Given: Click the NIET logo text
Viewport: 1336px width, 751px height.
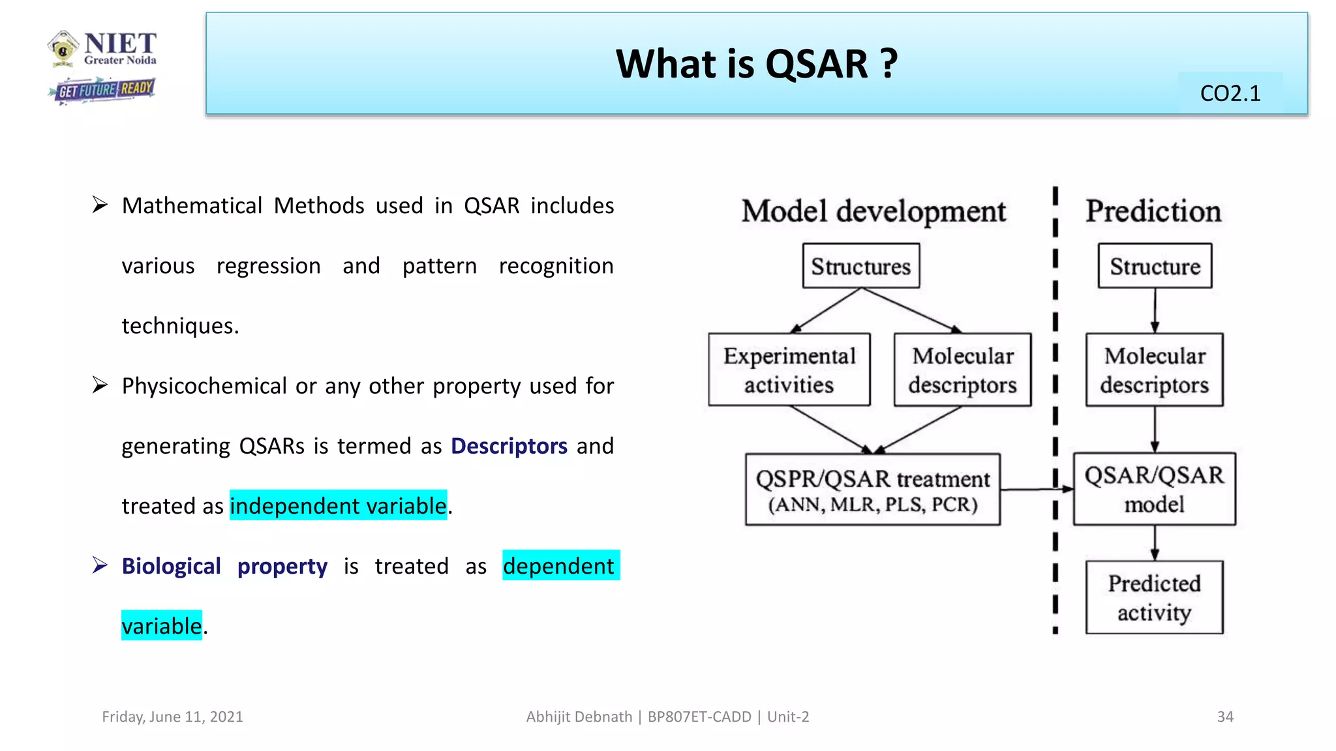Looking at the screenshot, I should (120, 44).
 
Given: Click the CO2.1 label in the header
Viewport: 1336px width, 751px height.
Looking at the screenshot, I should (1230, 94).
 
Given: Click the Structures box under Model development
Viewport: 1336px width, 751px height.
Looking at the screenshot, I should (860, 266).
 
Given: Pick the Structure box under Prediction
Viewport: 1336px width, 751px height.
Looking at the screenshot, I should (1155, 266).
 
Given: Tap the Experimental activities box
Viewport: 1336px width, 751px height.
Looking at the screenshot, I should (789, 370).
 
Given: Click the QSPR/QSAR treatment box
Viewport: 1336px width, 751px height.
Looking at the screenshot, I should (872, 490).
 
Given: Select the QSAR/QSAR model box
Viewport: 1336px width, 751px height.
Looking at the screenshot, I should (1154, 489).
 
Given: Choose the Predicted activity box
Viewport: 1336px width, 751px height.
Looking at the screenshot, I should (1154, 597).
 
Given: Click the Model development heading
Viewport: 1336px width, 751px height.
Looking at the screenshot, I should (873, 211).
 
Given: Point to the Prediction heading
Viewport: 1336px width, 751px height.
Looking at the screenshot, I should (1153, 211).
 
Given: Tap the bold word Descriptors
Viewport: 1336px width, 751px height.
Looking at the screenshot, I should (509, 446).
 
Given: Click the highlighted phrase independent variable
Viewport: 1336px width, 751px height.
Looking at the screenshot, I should (338, 506).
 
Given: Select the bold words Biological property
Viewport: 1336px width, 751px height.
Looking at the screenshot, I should (224, 566).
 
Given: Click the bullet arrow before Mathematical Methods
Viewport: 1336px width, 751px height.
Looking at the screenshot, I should (100, 205).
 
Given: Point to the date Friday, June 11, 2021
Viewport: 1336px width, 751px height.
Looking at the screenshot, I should (172, 716).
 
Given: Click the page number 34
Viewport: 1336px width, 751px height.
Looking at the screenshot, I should (1224, 716).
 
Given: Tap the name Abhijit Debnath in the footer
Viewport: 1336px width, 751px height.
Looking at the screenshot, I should (579, 716).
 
